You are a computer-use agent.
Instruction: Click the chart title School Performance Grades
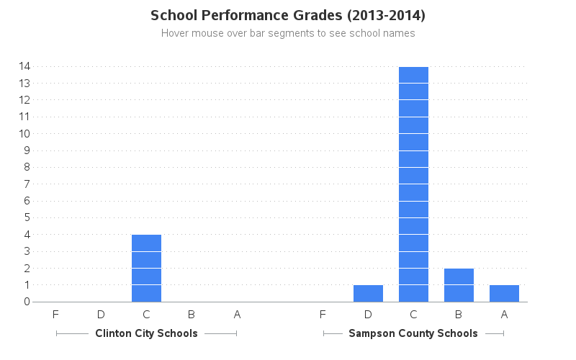pyautogui.click(x=288, y=15)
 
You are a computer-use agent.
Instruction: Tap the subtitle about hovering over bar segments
pyautogui.click(x=288, y=33)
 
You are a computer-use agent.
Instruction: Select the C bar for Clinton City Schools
pyautogui.click(x=146, y=268)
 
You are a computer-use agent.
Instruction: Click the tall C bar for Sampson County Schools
pyautogui.click(x=413, y=184)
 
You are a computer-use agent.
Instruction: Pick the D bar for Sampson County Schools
pyautogui.click(x=368, y=294)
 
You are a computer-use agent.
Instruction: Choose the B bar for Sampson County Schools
pyautogui.click(x=459, y=285)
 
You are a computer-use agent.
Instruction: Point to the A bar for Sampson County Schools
pyautogui.click(x=504, y=294)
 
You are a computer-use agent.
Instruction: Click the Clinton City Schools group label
pyautogui.click(x=146, y=333)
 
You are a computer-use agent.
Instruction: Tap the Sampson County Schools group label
pyautogui.click(x=413, y=333)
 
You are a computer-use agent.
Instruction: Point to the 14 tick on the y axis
pyautogui.click(x=24, y=66)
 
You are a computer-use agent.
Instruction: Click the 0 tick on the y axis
pyautogui.click(x=27, y=302)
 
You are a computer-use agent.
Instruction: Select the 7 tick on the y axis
pyautogui.click(x=27, y=184)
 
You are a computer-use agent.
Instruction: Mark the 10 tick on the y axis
pyautogui.click(x=24, y=133)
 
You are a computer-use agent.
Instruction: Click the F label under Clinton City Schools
pyautogui.click(x=55, y=314)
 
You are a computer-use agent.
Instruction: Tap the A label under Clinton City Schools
pyautogui.click(x=237, y=314)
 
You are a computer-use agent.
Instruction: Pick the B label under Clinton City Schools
pyautogui.click(x=192, y=314)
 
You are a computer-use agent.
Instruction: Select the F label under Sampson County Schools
pyautogui.click(x=323, y=314)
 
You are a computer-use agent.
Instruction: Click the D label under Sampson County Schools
pyautogui.click(x=368, y=314)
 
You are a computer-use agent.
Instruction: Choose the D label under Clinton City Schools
pyautogui.click(x=101, y=314)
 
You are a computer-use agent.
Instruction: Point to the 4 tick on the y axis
pyautogui.click(x=27, y=234)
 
